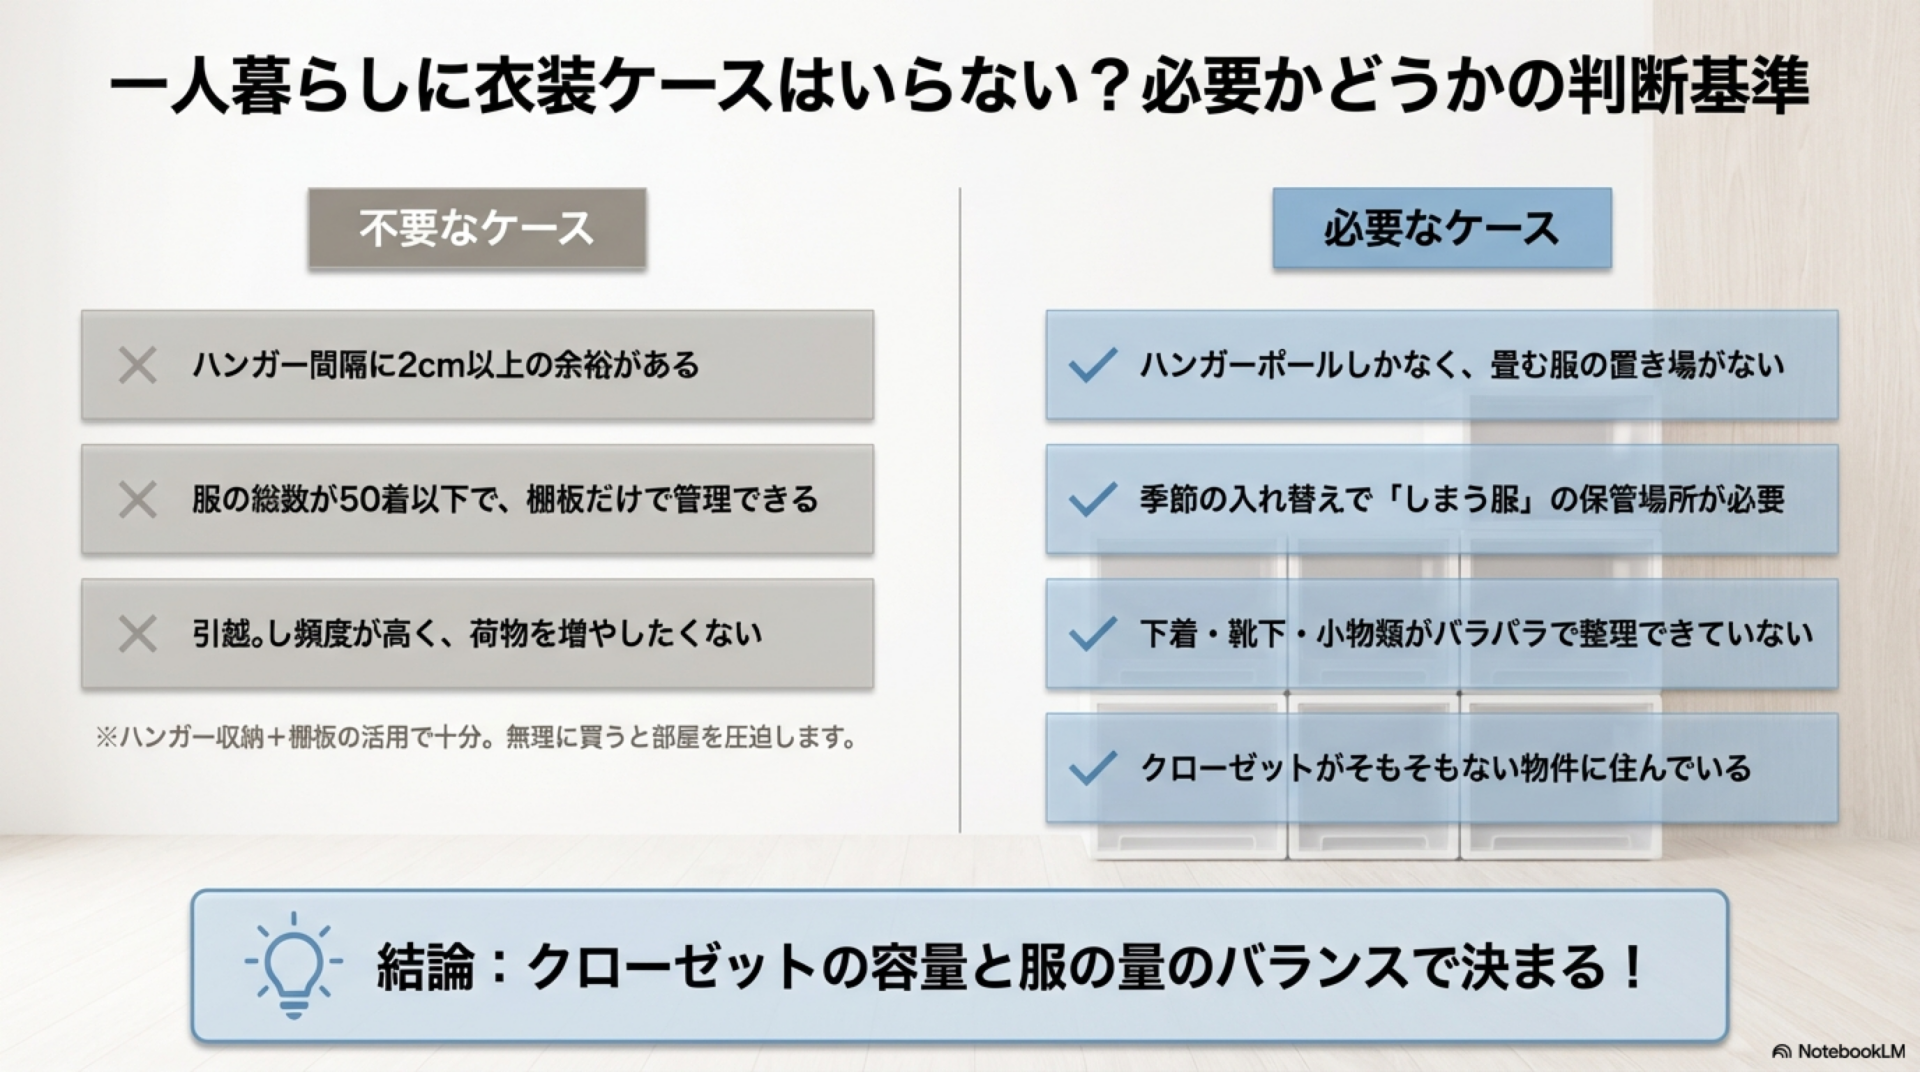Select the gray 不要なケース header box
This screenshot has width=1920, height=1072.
tap(477, 229)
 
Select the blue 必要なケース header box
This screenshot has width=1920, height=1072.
tap(1442, 229)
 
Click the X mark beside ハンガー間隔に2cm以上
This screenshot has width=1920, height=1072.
tap(137, 365)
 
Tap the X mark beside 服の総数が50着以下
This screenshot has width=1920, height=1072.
tap(137, 500)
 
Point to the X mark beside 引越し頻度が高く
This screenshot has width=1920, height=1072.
tap(137, 634)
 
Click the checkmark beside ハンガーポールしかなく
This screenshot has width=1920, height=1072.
tap(1092, 365)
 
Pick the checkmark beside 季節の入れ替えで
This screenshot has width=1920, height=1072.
tap(1092, 499)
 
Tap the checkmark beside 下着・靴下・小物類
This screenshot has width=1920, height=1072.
tap(1092, 634)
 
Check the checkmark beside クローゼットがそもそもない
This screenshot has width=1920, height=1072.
tap(1092, 768)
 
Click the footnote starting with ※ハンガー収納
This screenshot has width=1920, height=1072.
tap(476, 739)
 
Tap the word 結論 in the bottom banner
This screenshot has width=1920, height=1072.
tap(425, 967)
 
